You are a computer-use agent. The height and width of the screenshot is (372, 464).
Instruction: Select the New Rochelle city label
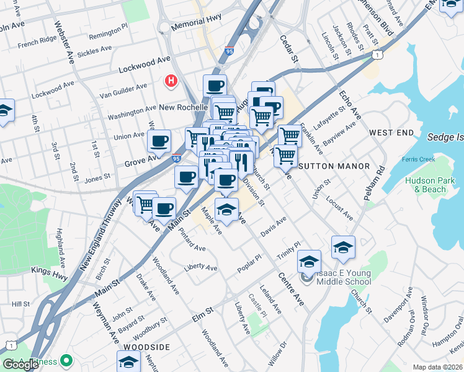[183, 107]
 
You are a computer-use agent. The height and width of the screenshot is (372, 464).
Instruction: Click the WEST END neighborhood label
[391, 133]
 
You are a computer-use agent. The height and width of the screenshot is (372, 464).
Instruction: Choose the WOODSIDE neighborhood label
[146, 347]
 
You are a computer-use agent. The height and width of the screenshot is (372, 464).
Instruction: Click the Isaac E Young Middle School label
[335, 277]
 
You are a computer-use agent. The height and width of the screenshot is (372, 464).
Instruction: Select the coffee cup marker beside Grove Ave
[159, 141]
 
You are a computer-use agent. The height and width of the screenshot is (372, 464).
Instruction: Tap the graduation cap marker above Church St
[343, 247]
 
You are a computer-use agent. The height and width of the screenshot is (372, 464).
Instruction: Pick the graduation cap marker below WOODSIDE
[128, 361]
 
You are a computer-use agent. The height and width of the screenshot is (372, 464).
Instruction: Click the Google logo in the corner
[21, 365]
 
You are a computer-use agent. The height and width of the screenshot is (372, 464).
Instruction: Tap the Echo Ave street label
[350, 104]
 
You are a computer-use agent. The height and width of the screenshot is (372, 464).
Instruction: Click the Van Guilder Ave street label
[123, 91]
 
